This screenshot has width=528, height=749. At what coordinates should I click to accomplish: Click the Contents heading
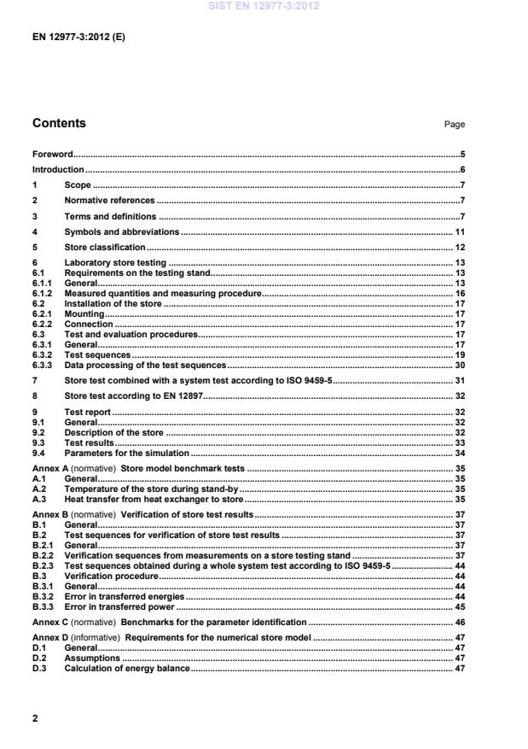[59, 123]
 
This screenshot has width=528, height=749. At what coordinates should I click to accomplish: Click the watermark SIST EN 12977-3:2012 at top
[263, 7]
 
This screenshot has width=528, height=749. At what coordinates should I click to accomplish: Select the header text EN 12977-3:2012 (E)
[78, 38]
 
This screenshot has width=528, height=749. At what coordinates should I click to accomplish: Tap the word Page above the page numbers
[454, 125]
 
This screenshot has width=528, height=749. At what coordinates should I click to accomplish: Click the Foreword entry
[52, 155]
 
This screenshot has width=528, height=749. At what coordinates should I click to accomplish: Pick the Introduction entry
[58, 170]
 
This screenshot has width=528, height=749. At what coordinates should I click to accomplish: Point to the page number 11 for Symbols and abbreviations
[459, 231]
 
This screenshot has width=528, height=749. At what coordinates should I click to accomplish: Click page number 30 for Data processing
[459, 365]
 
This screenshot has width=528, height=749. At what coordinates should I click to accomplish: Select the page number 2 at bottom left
[35, 718]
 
